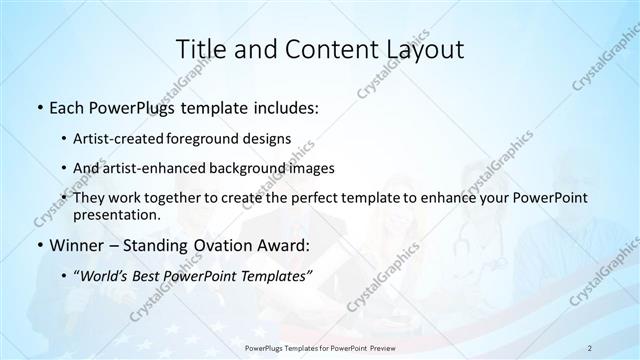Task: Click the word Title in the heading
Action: pyautogui.click(x=200, y=49)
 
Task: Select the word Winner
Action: pyautogui.click(x=76, y=245)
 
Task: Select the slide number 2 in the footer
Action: pyautogui.click(x=589, y=347)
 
